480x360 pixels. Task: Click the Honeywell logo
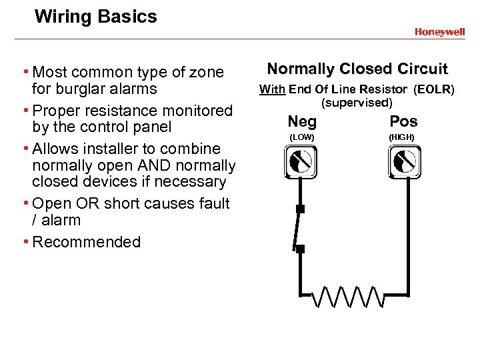(439, 31)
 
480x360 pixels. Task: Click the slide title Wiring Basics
(95, 16)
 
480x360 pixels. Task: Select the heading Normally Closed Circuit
(357, 69)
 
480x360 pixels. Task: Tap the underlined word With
(271, 89)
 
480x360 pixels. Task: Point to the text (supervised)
(357, 102)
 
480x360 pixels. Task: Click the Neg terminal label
(301, 121)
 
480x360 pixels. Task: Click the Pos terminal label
(403, 121)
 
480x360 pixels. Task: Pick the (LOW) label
(301, 137)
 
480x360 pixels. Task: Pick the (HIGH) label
(403, 137)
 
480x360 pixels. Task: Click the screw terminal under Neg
(301, 161)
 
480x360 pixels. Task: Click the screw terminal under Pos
(404, 161)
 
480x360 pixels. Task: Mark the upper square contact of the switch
(300, 209)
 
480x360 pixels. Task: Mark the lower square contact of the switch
(300, 249)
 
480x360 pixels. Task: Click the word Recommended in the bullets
(87, 242)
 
